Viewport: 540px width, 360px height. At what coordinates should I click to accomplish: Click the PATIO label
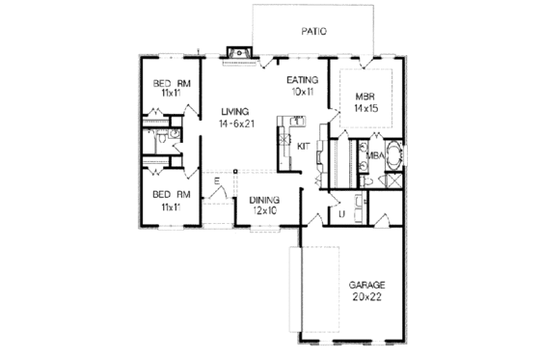pyautogui.click(x=313, y=31)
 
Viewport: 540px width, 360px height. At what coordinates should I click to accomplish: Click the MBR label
pyautogui.click(x=364, y=97)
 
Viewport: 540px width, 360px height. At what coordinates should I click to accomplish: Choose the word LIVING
pyautogui.click(x=231, y=112)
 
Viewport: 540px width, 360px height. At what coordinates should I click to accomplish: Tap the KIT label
pyautogui.click(x=302, y=146)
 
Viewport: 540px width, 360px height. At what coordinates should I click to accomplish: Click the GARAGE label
pyautogui.click(x=367, y=286)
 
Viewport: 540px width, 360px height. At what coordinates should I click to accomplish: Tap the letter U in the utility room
pyautogui.click(x=341, y=214)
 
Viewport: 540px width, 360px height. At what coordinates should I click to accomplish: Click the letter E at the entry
pyautogui.click(x=218, y=182)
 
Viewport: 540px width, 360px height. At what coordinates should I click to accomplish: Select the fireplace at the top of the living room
pyautogui.click(x=236, y=53)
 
